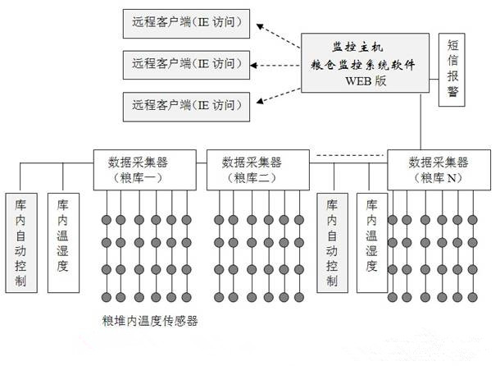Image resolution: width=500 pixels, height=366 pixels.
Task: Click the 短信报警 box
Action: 452,71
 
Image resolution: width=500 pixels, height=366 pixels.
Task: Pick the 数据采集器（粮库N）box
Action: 439,169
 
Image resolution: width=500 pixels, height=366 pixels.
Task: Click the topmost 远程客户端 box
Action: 185,25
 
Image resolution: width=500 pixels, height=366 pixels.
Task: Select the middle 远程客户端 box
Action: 185,63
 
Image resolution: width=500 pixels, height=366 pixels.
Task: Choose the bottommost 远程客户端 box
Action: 185,104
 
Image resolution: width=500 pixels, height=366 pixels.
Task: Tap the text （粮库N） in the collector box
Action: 439,178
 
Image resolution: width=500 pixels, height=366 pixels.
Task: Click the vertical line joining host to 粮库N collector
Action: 421,123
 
